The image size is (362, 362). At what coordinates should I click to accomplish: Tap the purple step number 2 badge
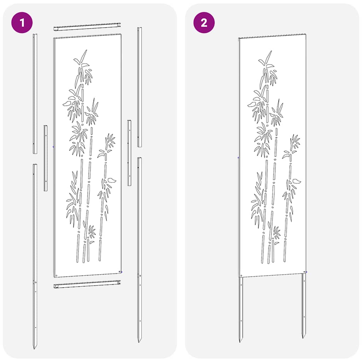[204, 23]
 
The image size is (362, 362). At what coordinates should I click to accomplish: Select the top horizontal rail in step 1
[87, 27]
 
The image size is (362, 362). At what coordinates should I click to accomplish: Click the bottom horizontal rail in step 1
[87, 284]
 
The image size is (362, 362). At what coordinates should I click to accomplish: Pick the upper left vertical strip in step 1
[35, 94]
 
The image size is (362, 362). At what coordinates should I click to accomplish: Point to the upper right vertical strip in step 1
[139, 87]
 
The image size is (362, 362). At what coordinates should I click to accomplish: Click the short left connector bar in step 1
[46, 158]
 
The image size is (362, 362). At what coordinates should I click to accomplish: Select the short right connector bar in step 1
[129, 153]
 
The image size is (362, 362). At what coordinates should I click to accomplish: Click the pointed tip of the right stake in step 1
[139, 341]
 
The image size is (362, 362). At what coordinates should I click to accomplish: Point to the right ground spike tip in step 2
[303, 337]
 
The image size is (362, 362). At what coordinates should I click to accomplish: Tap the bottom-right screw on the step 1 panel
[120, 271]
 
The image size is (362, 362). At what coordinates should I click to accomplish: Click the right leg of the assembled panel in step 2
[304, 304]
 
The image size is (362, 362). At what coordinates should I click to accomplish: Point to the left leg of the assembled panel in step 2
[241, 308]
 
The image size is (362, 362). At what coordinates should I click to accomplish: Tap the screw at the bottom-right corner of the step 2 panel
[305, 272]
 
